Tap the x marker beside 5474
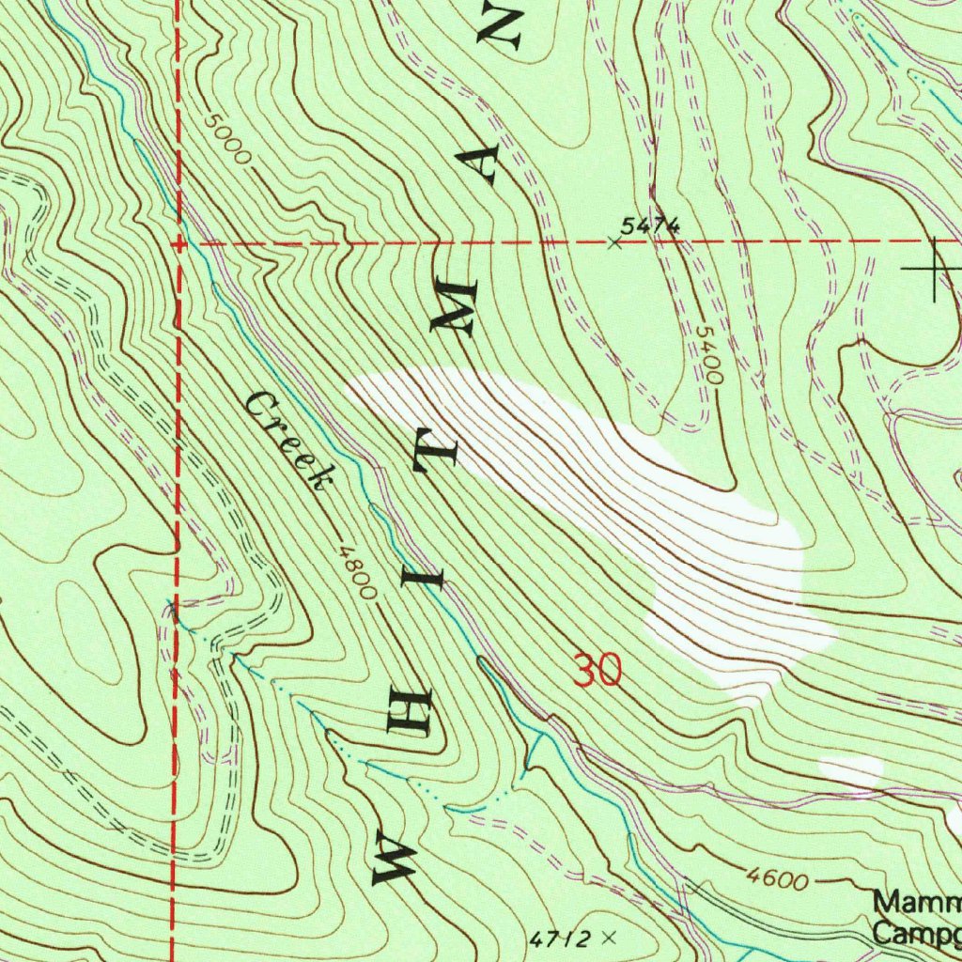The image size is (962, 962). (613, 243)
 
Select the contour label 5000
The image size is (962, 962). (226, 140)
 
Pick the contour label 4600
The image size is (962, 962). (778, 880)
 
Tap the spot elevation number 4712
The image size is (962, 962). (561, 939)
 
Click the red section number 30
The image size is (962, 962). (597, 671)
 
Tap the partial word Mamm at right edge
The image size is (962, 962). (916, 904)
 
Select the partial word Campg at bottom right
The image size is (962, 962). (916, 934)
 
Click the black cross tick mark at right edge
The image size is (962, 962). (934, 269)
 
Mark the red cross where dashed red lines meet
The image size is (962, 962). (178, 243)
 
